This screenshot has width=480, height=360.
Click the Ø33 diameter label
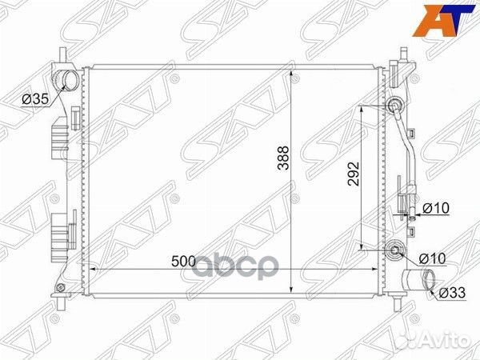pyautogui.click(x=451, y=293)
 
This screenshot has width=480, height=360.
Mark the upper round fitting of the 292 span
pyautogui.click(x=395, y=106)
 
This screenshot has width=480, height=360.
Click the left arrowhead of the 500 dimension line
pyautogui.click(x=90, y=269)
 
